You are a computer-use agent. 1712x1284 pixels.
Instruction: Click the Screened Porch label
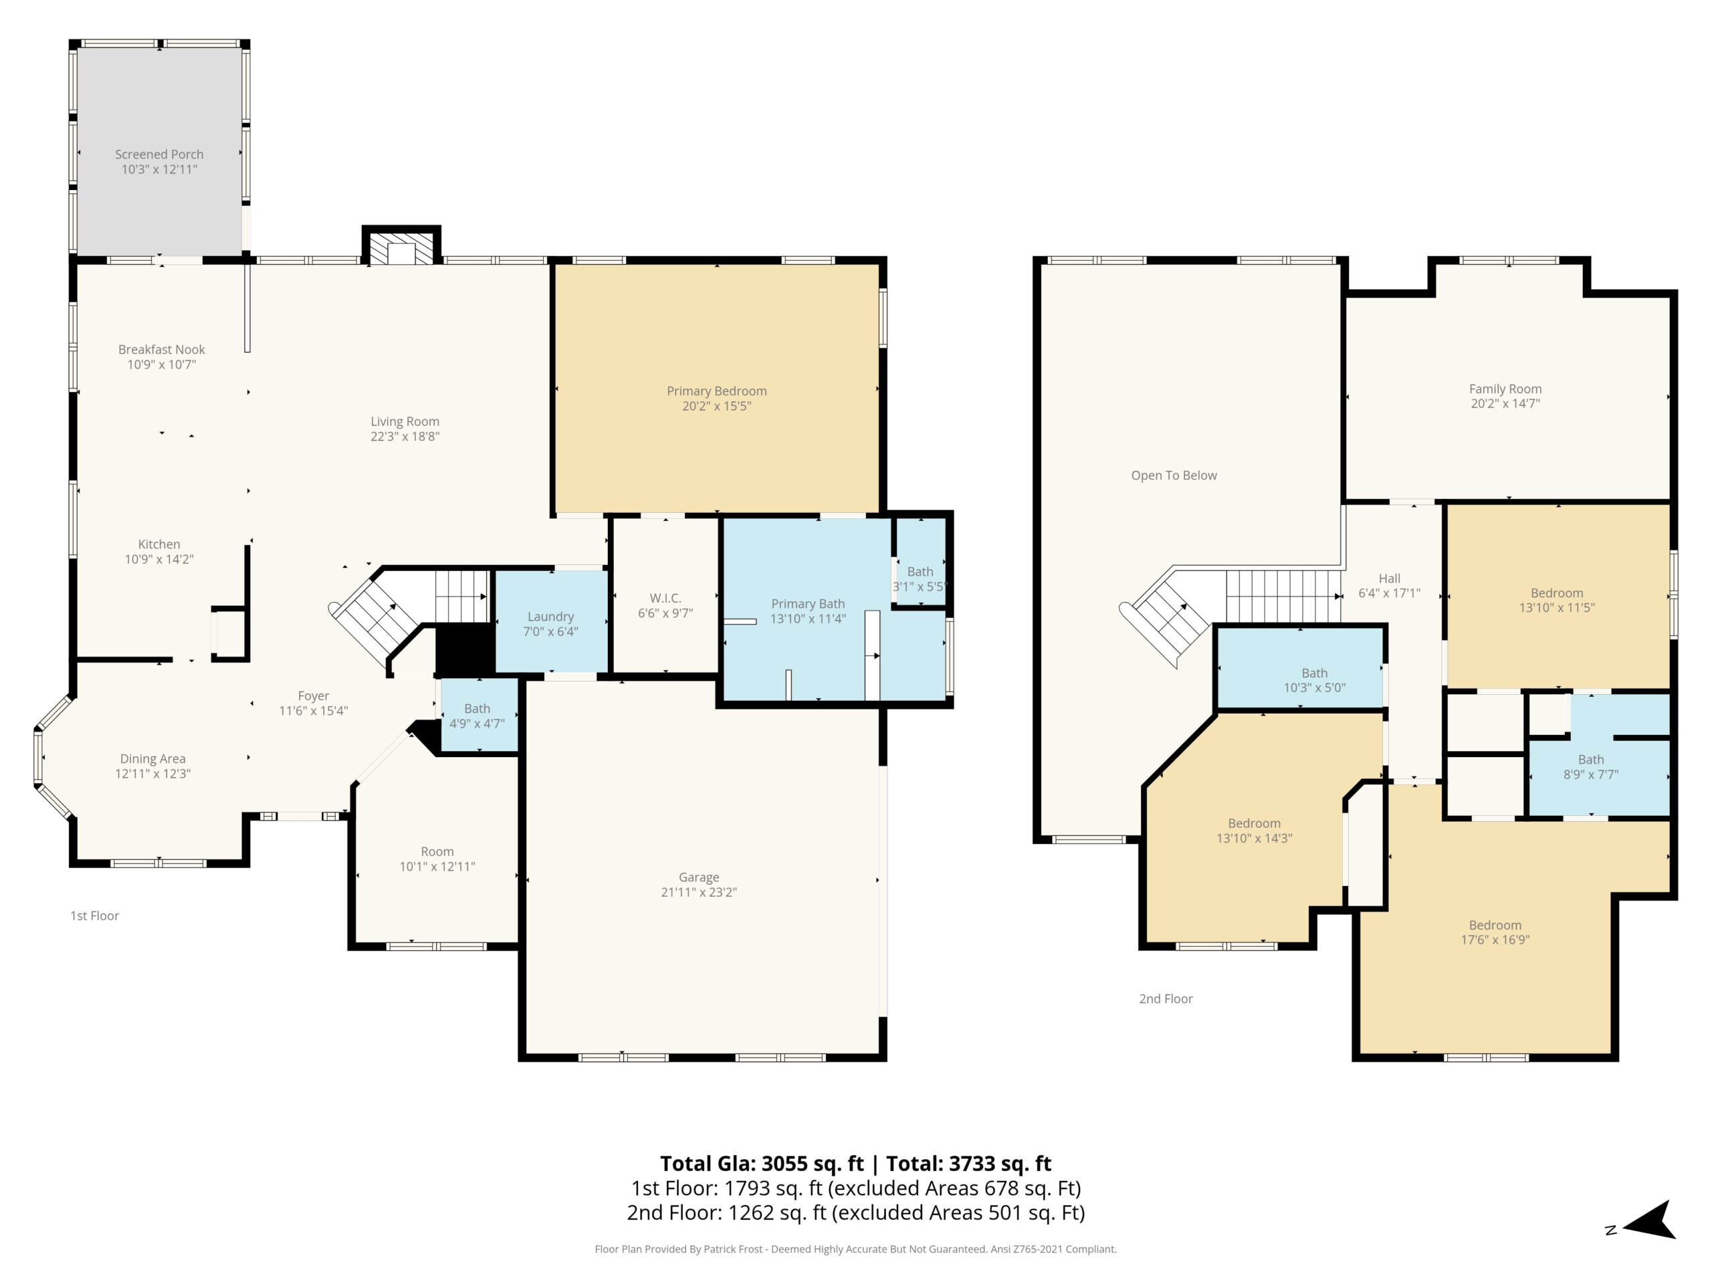[x=159, y=154]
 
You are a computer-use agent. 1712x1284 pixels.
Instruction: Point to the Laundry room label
[x=551, y=617]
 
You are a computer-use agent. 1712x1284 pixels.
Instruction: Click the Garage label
[x=699, y=877]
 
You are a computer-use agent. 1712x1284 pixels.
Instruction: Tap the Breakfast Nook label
[x=162, y=350]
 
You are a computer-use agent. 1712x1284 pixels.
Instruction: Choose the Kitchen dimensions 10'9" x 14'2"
[x=159, y=560]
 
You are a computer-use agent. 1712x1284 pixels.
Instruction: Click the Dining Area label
[x=152, y=759]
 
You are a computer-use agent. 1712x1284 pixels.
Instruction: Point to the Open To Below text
[x=1174, y=476]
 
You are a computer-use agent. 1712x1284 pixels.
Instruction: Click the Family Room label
[x=1505, y=389]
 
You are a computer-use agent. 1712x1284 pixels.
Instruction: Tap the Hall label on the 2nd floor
[x=1389, y=579]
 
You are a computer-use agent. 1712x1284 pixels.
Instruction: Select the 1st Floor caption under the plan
[x=94, y=916]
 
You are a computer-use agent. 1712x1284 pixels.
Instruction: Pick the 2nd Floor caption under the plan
[x=1166, y=999]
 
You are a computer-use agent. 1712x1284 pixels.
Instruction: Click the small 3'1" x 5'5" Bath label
[x=920, y=580]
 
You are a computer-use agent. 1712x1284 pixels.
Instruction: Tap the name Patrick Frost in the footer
[x=734, y=1249]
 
